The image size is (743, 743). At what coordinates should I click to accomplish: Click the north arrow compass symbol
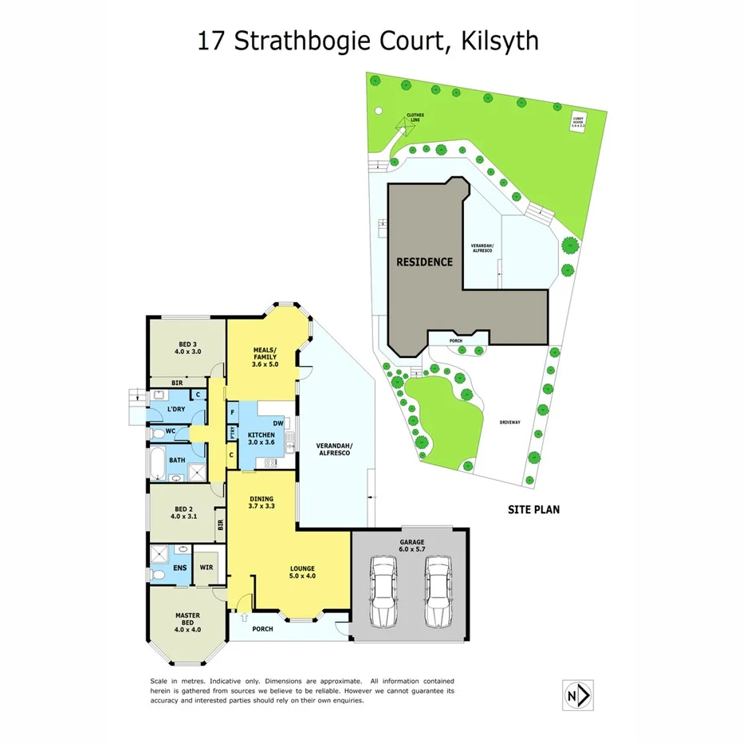(x=578, y=694)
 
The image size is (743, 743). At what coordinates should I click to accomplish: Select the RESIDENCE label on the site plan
(x=425, y=261)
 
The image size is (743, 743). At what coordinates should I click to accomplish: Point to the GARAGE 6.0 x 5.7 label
(x=412, y=547)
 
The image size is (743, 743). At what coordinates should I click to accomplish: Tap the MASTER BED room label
(x=187, y=620)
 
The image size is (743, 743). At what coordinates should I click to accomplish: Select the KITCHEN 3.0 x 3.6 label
(x=261, y=437)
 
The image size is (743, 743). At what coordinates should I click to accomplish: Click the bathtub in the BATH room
(x=157, y=462)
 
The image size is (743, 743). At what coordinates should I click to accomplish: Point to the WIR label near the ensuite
(x=206, y=568)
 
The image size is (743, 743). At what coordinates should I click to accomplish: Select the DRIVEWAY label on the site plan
(x=510, y=423)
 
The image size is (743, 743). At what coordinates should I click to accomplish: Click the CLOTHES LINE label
(x=415, y=117)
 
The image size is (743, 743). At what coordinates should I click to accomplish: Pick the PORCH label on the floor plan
(x=261, y=629)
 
